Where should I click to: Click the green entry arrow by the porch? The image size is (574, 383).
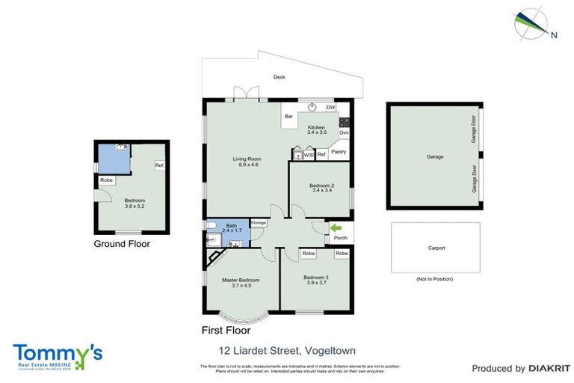click(335, 227)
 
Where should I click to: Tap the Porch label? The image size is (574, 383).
click(341, 239)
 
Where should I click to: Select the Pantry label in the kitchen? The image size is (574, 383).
click(339, 152)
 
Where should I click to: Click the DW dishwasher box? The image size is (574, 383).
click(330, 108)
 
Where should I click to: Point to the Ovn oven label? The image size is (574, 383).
click(344, 133)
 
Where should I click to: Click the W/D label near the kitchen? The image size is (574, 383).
click(309, 155)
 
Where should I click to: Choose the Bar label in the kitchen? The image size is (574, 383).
click(288, 116)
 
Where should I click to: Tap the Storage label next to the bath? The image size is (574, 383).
click(259, 222)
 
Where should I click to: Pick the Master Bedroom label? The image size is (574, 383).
click(240, 282)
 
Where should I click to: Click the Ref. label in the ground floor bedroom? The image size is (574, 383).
click(159, 165)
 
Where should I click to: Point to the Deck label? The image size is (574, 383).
click(279, 77)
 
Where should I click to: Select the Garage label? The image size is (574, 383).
click(435, 157)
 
